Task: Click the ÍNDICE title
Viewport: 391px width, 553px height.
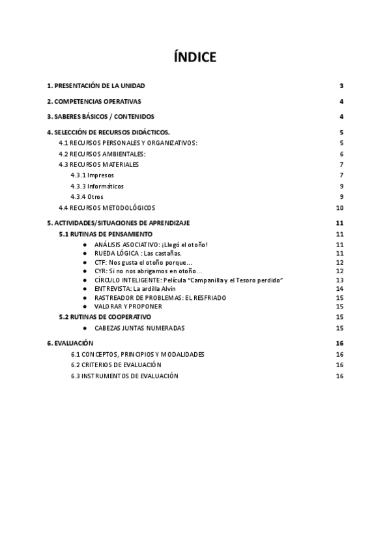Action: coord(195,57)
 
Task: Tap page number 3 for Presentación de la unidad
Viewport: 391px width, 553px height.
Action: coord(341,86)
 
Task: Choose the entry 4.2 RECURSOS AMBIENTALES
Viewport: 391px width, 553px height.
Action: coord(102,154)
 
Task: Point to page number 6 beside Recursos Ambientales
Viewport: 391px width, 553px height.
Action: coord(341,154)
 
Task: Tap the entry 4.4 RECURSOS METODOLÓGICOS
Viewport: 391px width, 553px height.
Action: coord(107,207)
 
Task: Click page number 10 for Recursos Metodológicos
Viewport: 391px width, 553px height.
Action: coord(340,207)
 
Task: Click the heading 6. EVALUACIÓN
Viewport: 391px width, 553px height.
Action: coord(70,343)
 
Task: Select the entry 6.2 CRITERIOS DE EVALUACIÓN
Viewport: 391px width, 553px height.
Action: coord(116,365)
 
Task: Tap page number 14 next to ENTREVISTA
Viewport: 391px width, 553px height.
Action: coord(340,288)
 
